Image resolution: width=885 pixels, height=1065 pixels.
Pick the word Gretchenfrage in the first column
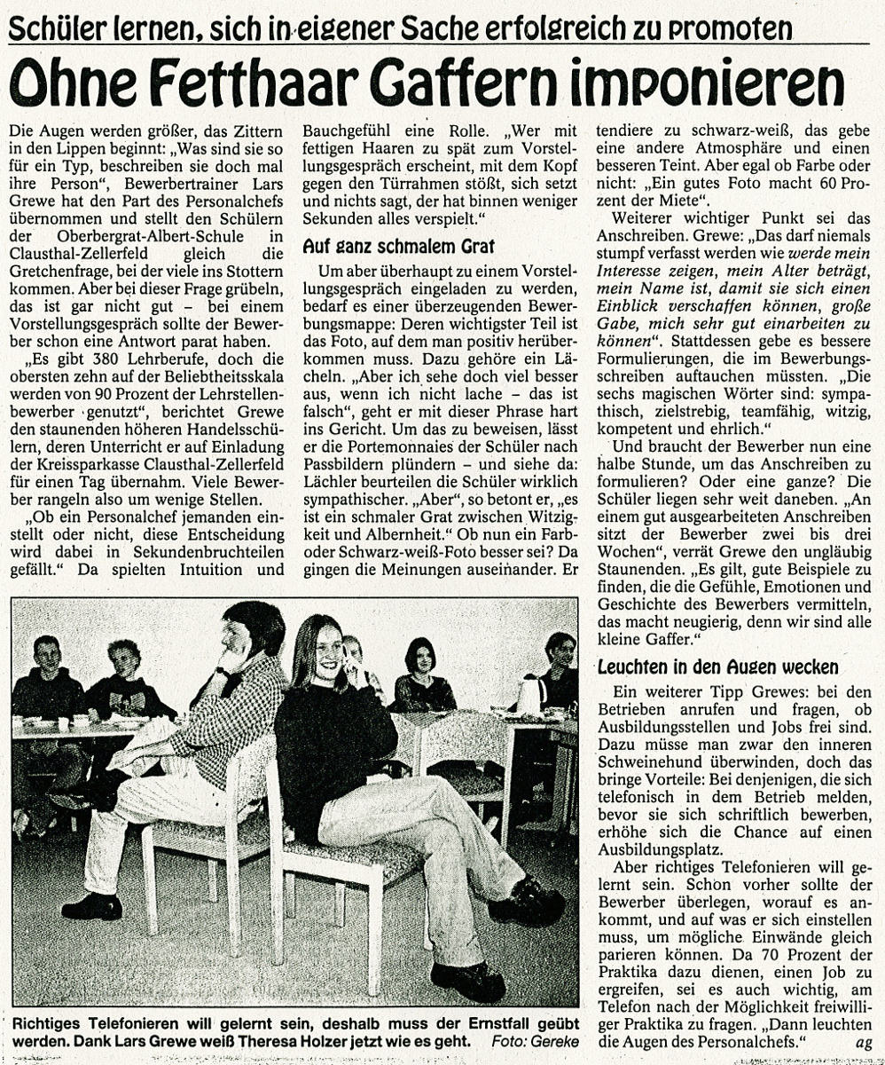click(x=65, y=272)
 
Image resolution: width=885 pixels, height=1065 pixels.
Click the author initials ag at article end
click(x=862, y=1042)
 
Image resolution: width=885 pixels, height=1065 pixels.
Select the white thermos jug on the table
click(x=530, y=694)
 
